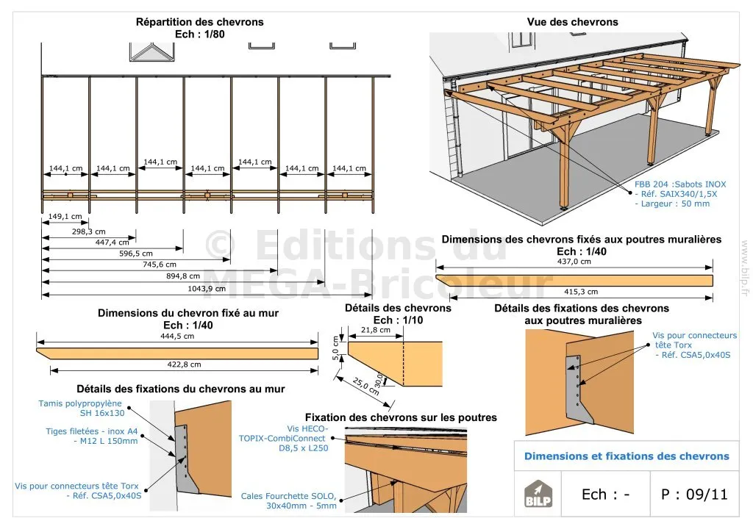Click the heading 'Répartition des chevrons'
[x=199, y=22]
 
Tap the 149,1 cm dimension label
[x=65, y=216]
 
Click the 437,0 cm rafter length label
[x=574, y=261]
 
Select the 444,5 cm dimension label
[x=178, y=336]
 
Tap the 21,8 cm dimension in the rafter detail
[x=376, y=331]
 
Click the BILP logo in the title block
[x=538, y=495]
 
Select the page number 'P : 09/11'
[x=694, y=494]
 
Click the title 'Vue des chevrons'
[x=572, y=22]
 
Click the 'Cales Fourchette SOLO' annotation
[x=289, y=500]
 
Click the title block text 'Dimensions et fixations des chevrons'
[x=627, y=456]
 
